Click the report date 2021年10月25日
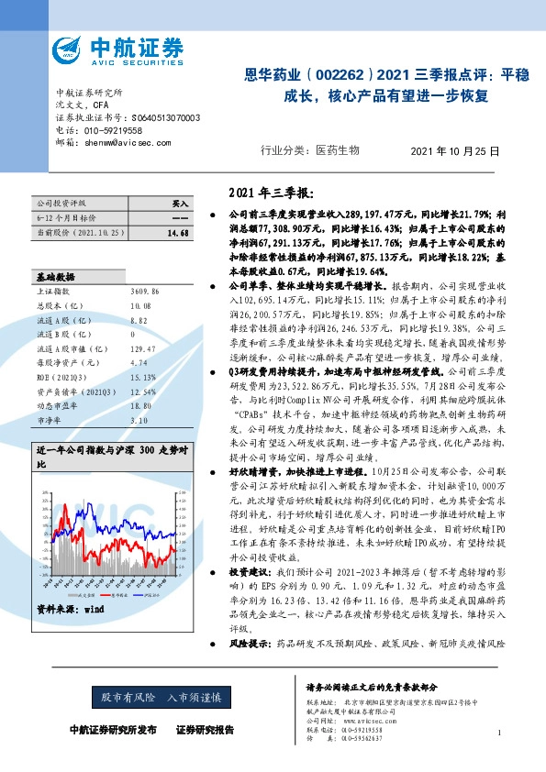pos(453,150)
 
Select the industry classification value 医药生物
pos(337,150)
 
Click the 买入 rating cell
pos(179,203)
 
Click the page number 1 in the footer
pos(498,733)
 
